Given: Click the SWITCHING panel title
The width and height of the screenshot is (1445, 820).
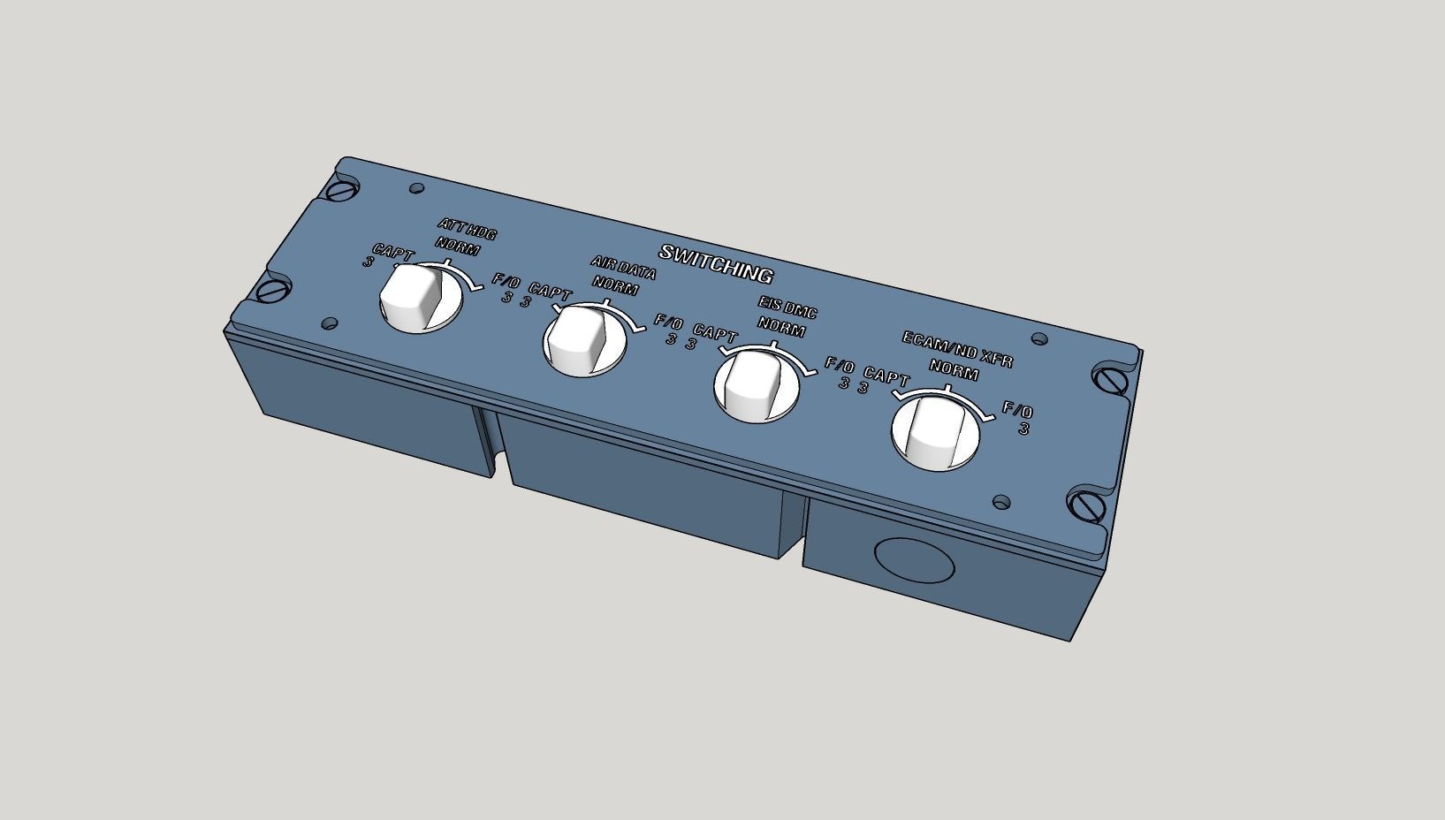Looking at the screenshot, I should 716,263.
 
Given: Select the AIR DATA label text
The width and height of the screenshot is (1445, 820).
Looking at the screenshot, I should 623,269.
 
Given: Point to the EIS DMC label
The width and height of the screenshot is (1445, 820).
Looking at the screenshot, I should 787,307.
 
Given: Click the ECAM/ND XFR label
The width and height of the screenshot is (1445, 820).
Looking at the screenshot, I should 956,350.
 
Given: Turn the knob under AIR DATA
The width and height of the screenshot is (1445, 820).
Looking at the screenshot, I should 581,338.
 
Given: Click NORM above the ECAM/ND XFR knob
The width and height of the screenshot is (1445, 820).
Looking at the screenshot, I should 954,372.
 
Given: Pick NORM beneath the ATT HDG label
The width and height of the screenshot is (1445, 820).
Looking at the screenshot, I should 457,248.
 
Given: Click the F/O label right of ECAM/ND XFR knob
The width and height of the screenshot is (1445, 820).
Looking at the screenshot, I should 1017,411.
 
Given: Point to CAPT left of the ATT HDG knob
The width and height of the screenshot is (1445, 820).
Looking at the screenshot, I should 392,253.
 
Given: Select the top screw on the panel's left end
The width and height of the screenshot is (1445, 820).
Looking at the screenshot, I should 341,189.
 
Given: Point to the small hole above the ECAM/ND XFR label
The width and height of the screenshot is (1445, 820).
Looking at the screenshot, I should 1039,339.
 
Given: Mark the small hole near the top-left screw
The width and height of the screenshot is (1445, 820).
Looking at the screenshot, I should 417,188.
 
